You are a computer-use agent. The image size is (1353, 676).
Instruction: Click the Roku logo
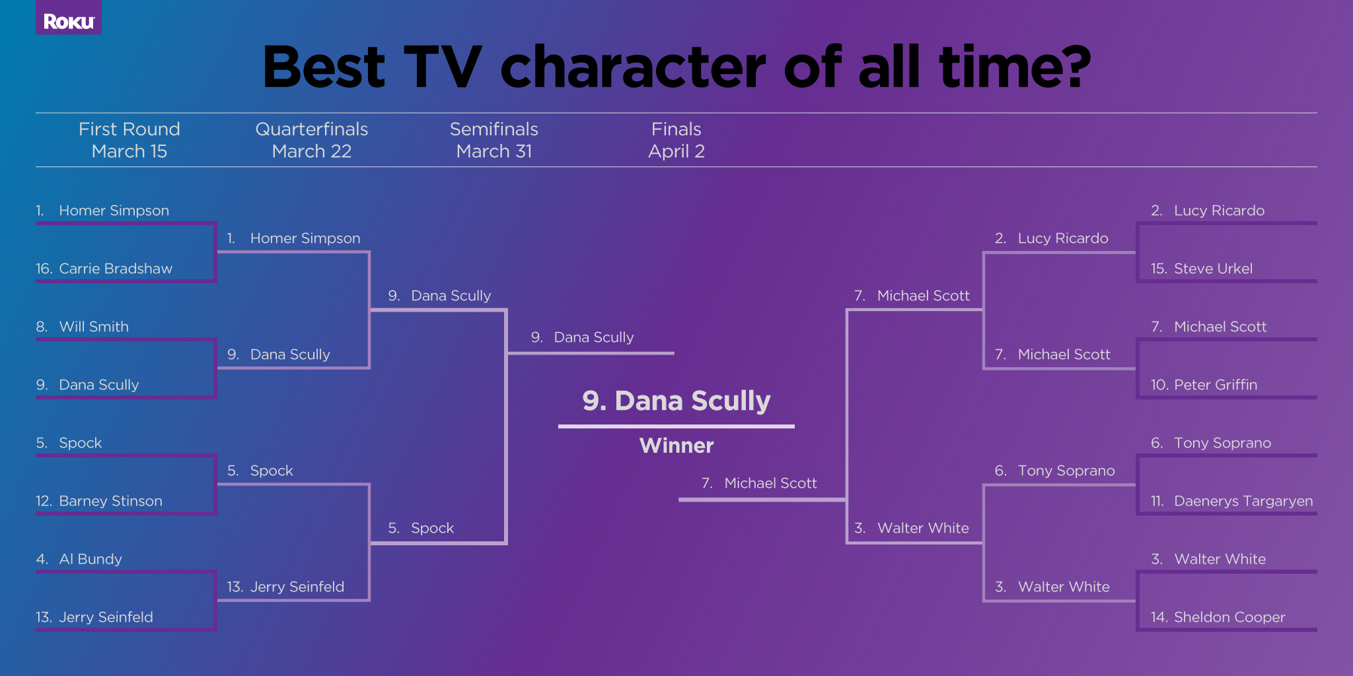(69, 22)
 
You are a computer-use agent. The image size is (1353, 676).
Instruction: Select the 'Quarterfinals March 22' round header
(312, 140)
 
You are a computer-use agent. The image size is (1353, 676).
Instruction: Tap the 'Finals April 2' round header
(676, 140)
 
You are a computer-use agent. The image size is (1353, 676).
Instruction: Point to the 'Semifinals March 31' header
(494, 140)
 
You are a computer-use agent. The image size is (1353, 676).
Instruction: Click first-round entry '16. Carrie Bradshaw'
(104, 269)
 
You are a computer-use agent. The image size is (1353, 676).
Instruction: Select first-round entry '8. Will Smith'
(83, 327)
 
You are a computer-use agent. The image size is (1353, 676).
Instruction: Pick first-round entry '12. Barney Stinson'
(99, 501)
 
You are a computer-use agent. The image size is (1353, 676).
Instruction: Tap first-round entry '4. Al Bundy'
(79, 559)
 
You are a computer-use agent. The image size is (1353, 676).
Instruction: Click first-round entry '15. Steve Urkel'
(1201, 269)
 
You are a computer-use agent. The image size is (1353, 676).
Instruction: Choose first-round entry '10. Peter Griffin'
(1204, 385)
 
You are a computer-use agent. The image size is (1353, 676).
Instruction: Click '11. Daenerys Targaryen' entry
(1231, 501)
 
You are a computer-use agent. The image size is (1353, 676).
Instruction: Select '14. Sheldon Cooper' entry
(1218, 617)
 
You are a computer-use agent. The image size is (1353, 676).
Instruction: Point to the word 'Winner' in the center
(676, 446)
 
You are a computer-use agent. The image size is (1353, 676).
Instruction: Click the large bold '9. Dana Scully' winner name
(676, 401)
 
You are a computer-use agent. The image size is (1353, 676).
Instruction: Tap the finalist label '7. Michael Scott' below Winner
(759, 483)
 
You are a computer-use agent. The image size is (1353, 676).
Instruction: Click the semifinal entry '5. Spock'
(421, 528)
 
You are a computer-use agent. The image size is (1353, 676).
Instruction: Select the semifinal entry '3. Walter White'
(912, 528)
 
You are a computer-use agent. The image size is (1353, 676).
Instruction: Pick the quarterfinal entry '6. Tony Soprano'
(1055, 471)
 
